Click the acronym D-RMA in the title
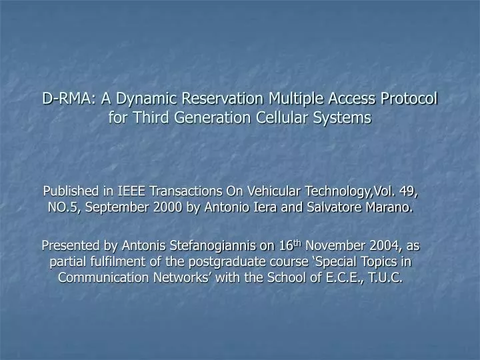66,99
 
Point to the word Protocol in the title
407,99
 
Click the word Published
71,192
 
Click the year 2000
165,207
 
